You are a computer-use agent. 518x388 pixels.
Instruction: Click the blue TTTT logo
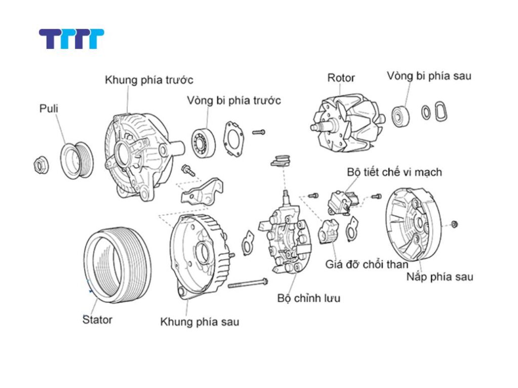(71, 39)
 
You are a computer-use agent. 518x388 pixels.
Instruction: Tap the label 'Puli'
(49, 109)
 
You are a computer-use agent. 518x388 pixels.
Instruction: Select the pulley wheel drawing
(76, 160)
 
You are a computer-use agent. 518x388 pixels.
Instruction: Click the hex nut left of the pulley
(40, 165)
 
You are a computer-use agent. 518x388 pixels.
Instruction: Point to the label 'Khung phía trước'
(149, 80)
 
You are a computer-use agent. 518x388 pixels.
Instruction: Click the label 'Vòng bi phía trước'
(233, 100)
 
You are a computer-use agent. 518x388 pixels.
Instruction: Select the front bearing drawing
(203, 142)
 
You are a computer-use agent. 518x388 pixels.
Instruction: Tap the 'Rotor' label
(341, 78)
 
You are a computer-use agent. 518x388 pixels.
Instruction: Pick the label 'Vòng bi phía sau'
(429, 76)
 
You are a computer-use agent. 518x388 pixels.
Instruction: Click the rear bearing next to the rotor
(401, 116)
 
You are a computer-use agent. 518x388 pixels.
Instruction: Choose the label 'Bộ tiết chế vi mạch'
(394, 172)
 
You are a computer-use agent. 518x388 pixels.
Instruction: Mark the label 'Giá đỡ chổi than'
(367, 264)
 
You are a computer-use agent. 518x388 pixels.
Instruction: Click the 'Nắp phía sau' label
(440, 277)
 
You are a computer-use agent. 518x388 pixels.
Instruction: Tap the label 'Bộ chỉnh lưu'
(309, 298)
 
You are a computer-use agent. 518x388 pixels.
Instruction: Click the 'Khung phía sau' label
(199, 322)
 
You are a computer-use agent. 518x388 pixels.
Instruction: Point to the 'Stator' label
(97, 319)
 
